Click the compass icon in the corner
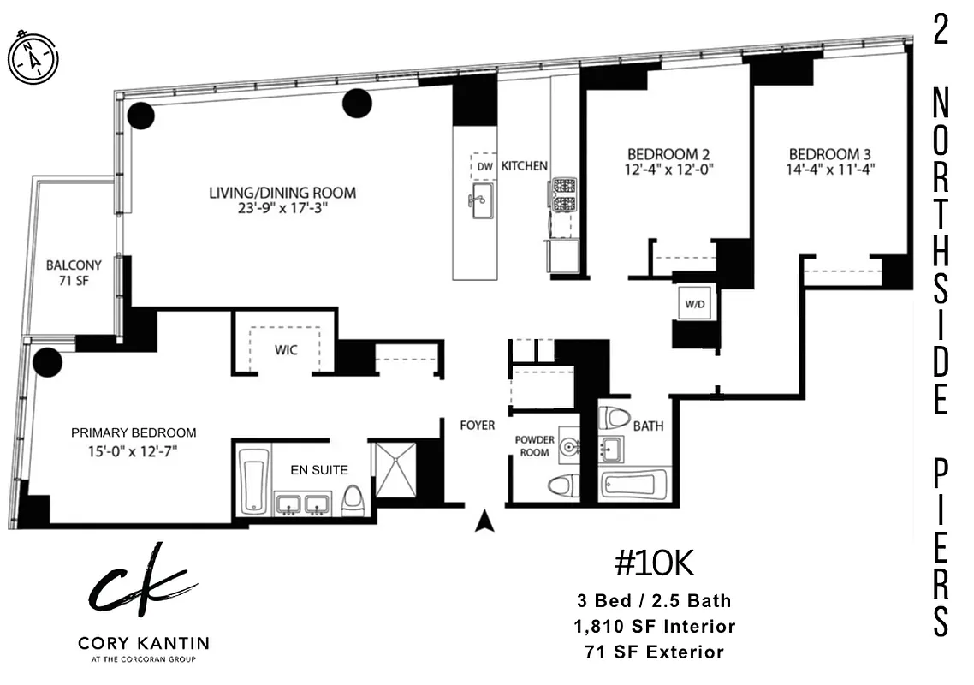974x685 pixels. tap(33, 57)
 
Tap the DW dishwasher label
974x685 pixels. tap(484, 166)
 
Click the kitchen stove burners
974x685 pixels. tap(564, 195)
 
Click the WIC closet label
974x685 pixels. tap(286, 350)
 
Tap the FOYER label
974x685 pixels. tap(477, 426)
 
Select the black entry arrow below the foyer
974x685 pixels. tap(484, 521)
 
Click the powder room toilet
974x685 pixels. tap(561, 486)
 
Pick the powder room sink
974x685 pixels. tap(569, 446)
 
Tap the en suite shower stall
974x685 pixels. tap(395, 469)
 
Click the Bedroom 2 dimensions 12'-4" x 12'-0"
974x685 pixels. tap(668, 170)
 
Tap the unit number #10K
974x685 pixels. tap(653, 564)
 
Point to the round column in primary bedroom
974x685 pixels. tap(47, 362)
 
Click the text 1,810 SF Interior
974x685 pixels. tap(654, 627)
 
